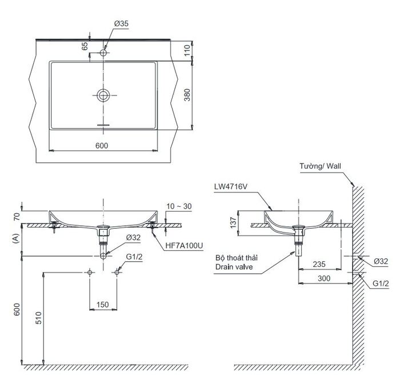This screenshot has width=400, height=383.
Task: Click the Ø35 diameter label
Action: [x=121, y=24]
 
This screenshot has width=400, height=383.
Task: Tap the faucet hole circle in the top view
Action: [x=103, y=53]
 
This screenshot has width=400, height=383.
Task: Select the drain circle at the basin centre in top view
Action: [x=103, y=95]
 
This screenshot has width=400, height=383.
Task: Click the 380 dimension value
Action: [x=187, y=95]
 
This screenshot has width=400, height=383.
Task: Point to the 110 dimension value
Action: [x=187, y=50]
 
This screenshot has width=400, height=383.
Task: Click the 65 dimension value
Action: [x=85, y=46]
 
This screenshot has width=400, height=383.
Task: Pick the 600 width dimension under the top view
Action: [x=102, y=145]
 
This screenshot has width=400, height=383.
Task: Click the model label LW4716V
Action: [x=231, y=187]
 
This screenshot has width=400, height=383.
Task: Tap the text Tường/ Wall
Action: [x=320, y=166]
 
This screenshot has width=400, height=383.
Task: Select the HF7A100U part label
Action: [x=184, y=246]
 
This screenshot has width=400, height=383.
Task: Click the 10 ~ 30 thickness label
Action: [x=179, y=206]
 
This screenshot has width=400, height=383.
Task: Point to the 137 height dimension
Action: [x=233, y=223]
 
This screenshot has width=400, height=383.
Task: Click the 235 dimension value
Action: [x=319, y=264]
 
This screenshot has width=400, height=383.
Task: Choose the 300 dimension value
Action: [x=324, y=278]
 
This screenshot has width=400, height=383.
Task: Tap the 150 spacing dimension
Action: [x=102, y=305]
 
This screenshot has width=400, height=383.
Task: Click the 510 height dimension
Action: [x=38, y=318]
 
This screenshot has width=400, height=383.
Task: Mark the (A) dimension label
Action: [x=17, y=238]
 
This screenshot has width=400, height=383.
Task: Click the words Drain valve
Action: [x=234, y=267]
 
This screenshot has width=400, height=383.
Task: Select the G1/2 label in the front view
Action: [x=134, y=257]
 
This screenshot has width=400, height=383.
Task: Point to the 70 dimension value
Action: [x=17, y=217]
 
